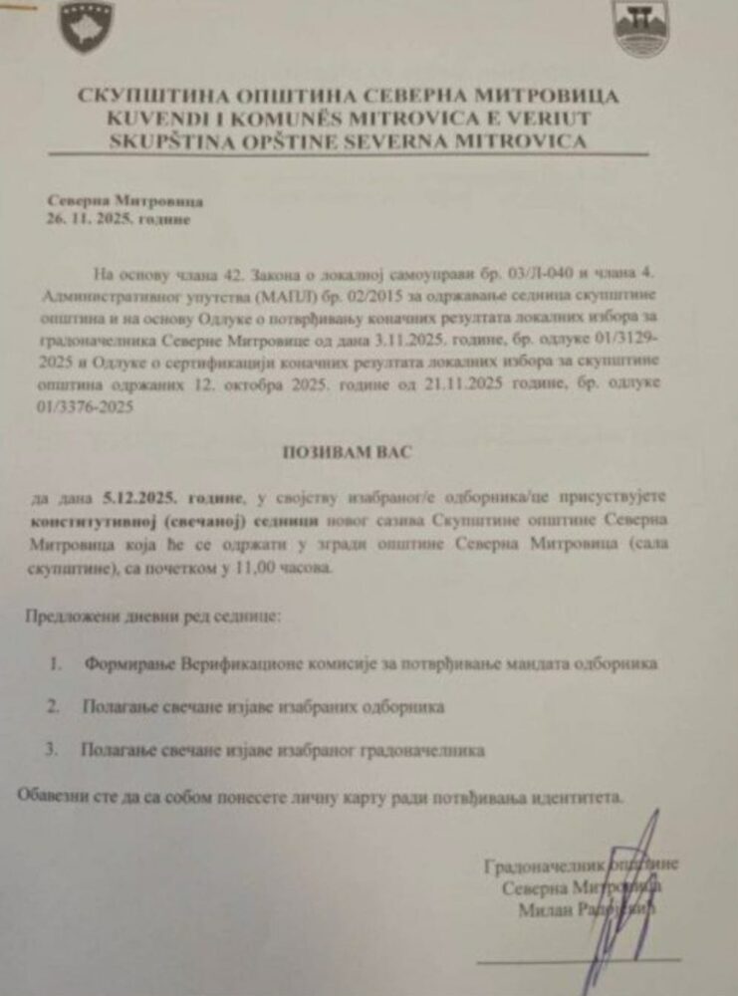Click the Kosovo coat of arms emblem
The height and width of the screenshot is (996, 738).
click(x=88, y=28)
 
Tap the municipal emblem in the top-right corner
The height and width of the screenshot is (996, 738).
click(x=640, y=29)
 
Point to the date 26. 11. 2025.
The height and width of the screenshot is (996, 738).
click(x=95, y=218)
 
